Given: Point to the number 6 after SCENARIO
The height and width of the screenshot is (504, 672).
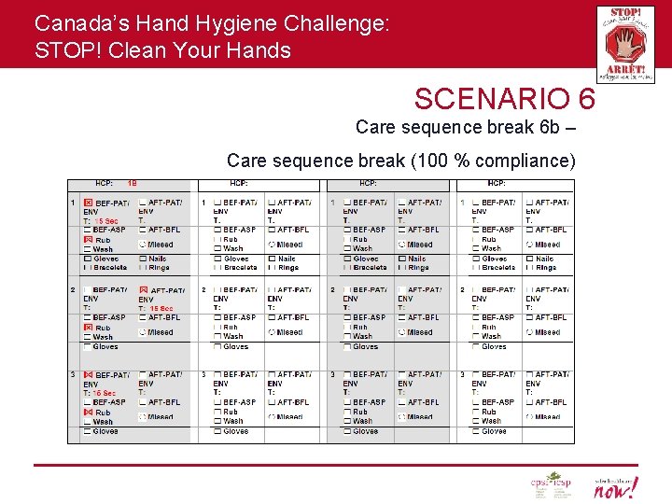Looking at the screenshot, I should click(583, 99).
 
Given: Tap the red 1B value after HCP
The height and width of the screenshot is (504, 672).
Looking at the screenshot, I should click(133, 184).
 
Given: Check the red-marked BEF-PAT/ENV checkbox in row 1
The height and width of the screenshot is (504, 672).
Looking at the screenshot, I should click(89, 203).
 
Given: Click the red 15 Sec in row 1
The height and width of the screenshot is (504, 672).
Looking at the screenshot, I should click(105, 221).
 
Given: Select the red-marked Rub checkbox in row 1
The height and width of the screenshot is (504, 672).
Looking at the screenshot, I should click(89, 240).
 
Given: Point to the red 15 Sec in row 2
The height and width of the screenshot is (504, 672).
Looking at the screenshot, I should click(161, 308).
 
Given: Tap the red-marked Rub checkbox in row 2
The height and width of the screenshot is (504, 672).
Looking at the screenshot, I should click(89, 328).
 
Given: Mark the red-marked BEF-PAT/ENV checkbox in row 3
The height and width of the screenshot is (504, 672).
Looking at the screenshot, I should click(89, 374).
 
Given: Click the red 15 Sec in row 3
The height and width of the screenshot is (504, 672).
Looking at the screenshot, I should click(103, 393).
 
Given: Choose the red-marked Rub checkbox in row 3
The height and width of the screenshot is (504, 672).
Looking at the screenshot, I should click(89, 412).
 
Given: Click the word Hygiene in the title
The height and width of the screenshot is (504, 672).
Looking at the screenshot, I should click(228, 22).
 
